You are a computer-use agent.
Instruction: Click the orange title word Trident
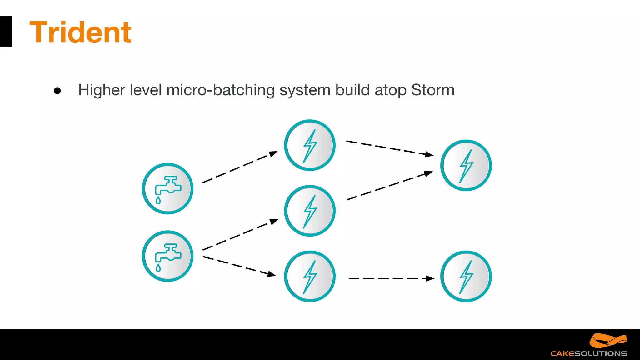[x=80, y=32]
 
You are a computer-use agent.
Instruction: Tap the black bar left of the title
[x=6, y=32]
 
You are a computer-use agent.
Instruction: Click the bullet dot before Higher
[x=57, y=91]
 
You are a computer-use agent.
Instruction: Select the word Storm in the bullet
[x=432, y=90]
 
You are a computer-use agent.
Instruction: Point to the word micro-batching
[x=220, y=90]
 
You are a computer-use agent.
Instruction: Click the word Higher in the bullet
[x=102, y=90]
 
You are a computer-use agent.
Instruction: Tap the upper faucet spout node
[x=167, y=188]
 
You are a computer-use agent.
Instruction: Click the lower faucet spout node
[x=167, y=256]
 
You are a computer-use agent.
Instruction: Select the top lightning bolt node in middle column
[x=310, y=145]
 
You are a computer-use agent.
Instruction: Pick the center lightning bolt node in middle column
[x=310, y=211]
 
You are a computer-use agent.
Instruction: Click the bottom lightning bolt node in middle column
[x=310, y=277]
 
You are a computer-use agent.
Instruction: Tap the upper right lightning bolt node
[x=466, y=165]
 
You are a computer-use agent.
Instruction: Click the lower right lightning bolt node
[x=466, y=277]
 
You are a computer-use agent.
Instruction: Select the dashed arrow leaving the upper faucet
[x=240, y=167]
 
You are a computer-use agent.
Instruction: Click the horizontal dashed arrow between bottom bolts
[x=391, y=278]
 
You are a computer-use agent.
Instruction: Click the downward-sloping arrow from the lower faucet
[x=239, y=266]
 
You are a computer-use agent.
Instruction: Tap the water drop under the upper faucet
[x=158, y=200]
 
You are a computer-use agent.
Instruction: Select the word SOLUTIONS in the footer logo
[x=601, y=354]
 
